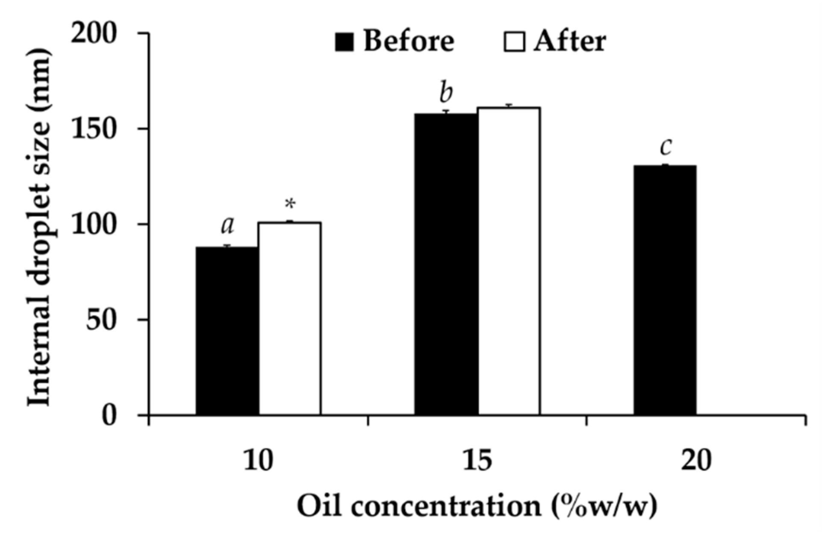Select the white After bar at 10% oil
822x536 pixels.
point(289,319)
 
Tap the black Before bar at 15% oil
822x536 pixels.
point(446,264)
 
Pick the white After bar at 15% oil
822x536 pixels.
point(509,261)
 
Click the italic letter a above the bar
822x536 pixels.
point(227,225)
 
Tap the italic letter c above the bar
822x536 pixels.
point(665,148)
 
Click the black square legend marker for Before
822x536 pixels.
point(345,42)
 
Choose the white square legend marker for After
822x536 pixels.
point(514,42)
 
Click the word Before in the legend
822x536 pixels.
point(408,41)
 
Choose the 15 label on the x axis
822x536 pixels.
point(477,461)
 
